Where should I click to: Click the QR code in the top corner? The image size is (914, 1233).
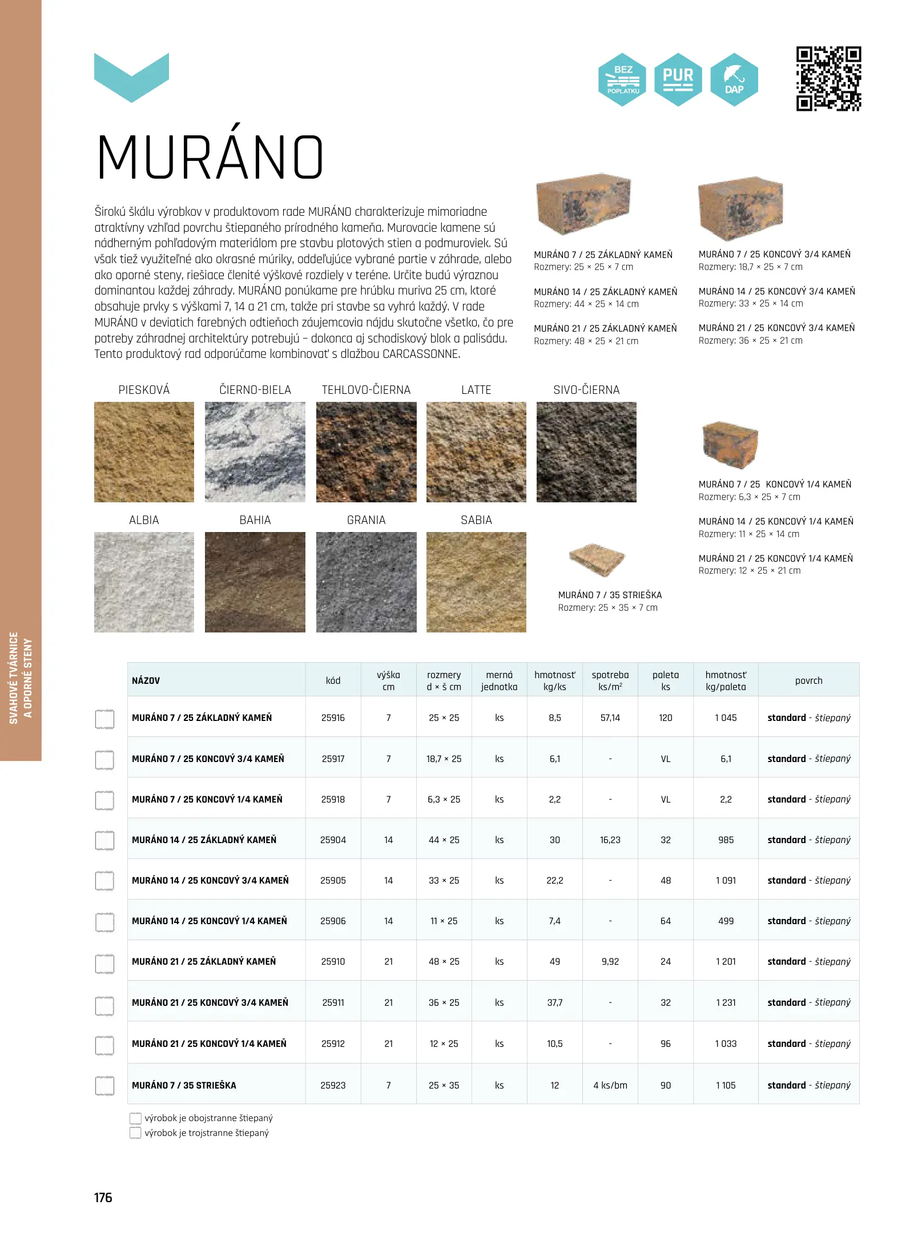(x=828, y=79)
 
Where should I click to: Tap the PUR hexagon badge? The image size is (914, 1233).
(x=678, y=79)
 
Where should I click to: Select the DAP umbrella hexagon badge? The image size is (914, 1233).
(x=734, y=79)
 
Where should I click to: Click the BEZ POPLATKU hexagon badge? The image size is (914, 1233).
(x=622, y=79)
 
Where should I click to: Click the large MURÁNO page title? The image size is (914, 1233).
(x=210, y=158)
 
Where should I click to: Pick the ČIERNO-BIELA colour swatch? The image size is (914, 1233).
(x=255, y=452)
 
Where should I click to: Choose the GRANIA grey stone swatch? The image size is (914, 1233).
(x=366, y=582)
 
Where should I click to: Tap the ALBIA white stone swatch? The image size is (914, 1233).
(x=144, y=582)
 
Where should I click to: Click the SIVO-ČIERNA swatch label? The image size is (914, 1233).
(x=586, y=390)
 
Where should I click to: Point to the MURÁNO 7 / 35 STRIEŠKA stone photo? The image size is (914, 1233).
(x=597, y=559)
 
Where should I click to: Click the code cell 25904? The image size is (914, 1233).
(x=333, y=840)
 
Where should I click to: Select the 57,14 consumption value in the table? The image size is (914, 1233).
(x=610, y=718)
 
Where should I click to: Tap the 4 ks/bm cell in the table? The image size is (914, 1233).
(x=610, y=1085)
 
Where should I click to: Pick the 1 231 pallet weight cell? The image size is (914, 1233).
(x=726, y=1002)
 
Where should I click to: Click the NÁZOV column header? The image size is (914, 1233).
(x=146, y=680)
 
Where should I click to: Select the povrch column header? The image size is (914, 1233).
(x=808, y=680)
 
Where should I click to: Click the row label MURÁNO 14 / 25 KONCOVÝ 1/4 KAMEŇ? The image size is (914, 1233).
(x=210, y=921)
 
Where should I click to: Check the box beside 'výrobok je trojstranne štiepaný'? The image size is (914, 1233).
(x=135, y=1133)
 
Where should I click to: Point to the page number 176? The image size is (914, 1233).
(x=103, y=1198)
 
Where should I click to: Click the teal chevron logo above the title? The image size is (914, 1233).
(x=131, y=78)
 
